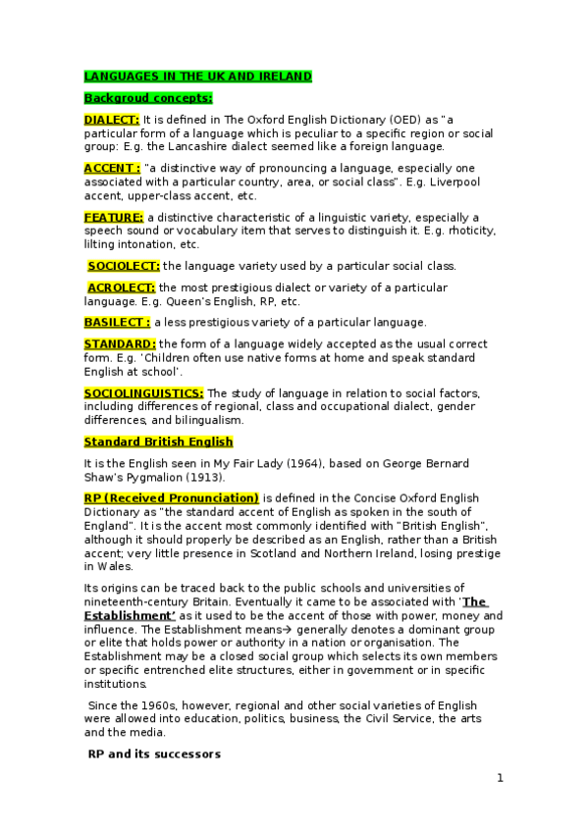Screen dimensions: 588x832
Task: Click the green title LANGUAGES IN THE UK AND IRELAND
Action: (x=197, y=76)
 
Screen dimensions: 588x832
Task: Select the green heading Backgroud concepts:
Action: (x=147, y=98)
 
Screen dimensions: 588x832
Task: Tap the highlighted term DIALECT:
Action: (x=111, y=120)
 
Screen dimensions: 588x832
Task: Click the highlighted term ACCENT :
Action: (x=112, y=169)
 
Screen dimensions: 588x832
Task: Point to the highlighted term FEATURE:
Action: (x=114, y=217)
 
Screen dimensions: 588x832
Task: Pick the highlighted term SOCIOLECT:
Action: (x=124, y=265)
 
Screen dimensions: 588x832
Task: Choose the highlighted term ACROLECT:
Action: (x=122, y=287)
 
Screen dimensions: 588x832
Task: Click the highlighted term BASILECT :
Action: (x=117, y=322)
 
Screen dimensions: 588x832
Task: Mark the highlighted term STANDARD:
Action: (x=120, y=344)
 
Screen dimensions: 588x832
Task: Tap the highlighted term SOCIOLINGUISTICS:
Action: (x=143, y=392)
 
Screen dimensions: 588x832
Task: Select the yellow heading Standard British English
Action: (x=158, y=442)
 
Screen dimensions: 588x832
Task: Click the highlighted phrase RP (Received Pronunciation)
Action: (x=171, y=497)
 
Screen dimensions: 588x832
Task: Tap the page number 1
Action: (x=500, y=778)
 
